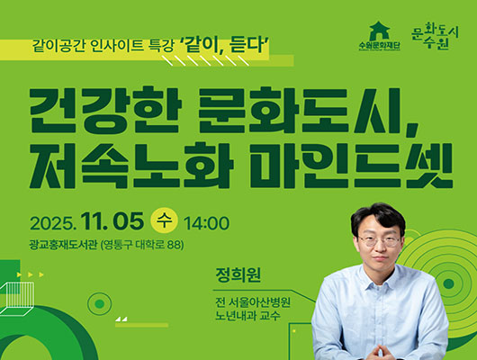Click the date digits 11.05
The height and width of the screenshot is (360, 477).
click(113, 222)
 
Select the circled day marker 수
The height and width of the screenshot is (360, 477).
click(164, 222)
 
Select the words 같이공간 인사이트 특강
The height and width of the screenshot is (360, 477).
click(103, 43)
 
